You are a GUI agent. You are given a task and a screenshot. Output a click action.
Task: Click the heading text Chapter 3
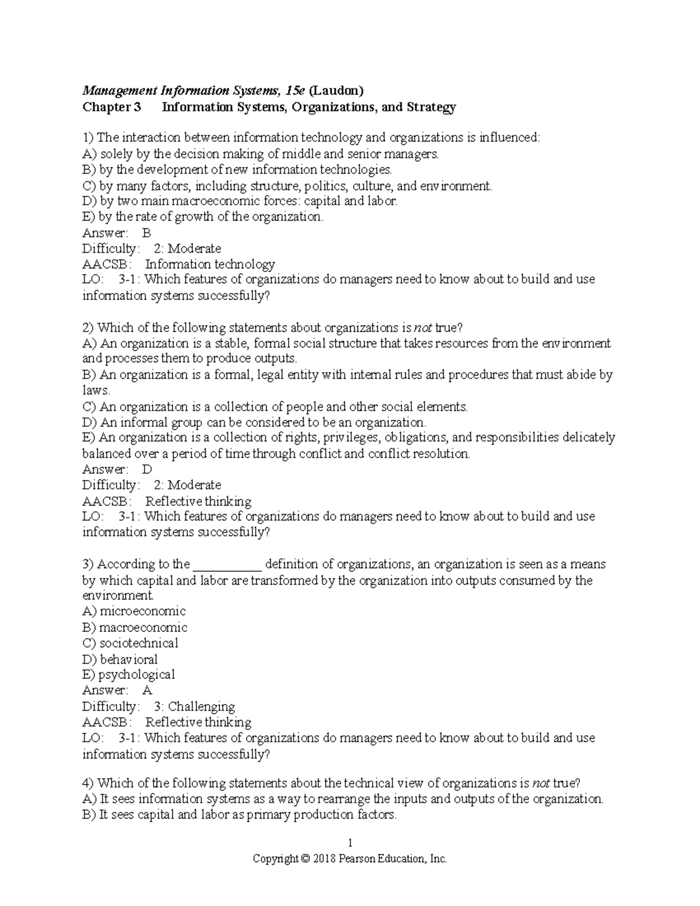coord(111,107)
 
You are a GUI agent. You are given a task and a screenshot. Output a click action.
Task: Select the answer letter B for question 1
coord(146,233)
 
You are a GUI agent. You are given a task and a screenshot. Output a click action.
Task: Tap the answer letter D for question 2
coord(147,469)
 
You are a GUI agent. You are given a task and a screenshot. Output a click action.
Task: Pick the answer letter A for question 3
coord(147,690)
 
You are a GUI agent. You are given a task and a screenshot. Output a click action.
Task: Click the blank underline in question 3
coord(227,565)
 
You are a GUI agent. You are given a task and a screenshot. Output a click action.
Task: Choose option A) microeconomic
coord(134,611)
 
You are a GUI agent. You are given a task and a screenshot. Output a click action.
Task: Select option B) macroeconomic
coord(135,628)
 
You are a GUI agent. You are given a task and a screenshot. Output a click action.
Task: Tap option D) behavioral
coord(120,659)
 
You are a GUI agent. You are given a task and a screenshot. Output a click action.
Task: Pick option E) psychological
coord(128,674)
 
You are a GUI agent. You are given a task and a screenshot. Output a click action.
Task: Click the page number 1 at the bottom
coord(350,843)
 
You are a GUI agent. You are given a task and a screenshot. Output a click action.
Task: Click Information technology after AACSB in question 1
coord(210,264)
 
